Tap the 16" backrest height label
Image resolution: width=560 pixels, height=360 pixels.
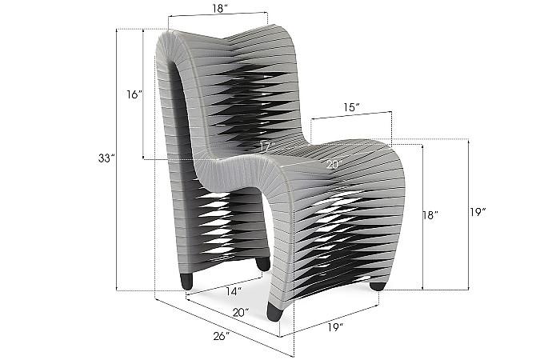[134, 94]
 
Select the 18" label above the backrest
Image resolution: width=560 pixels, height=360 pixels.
[218, 9]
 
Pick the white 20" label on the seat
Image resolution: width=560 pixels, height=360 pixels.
[334, 164]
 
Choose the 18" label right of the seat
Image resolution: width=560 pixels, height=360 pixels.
[431, 215]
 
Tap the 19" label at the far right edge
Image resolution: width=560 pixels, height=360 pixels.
[478, 212]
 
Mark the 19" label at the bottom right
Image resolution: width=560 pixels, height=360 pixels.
[336, 327]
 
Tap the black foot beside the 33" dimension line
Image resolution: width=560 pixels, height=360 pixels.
[187, 281]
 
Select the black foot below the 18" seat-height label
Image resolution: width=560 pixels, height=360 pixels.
[378, 285]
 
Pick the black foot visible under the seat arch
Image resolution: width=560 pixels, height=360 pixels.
[262, 262]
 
